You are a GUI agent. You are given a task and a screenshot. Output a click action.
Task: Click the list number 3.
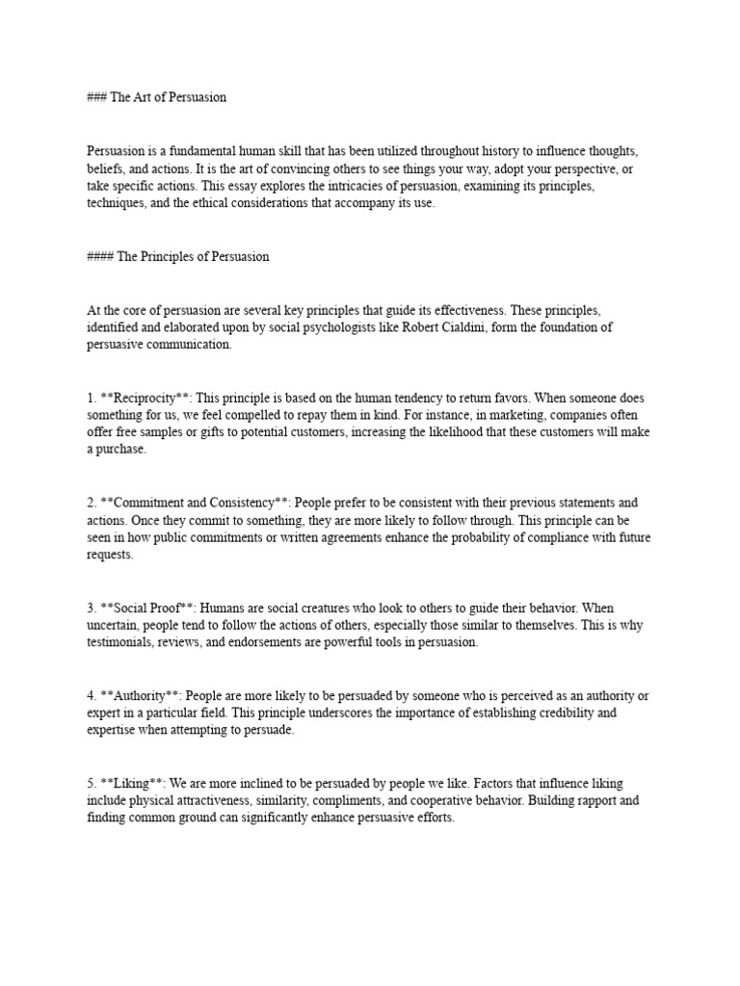point(91,609)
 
